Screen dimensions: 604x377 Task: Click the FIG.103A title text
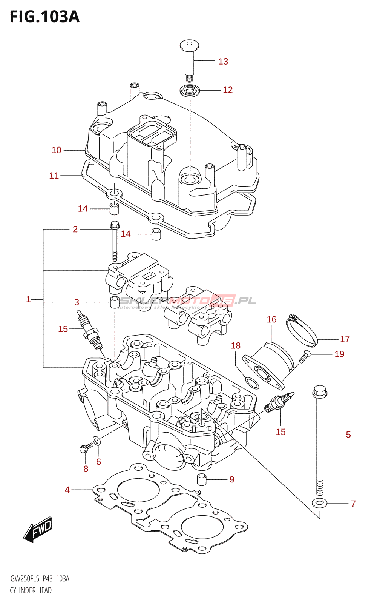point(44,17)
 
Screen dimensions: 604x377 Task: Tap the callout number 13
point(223,62)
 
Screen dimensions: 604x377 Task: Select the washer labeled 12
point(190,91)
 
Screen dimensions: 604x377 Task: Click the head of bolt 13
point(189,46)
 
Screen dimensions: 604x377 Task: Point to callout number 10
point(56,150)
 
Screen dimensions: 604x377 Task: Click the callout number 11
point(54,176)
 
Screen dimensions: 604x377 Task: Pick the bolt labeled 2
point(115,242)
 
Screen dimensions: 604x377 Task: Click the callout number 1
point(28,299)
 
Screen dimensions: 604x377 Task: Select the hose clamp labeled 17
point(302,331)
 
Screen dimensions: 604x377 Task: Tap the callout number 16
point(271,320)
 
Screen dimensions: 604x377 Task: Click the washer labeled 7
point(320,503)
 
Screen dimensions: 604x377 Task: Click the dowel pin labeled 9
point(202,479)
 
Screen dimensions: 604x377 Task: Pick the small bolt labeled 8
point(85,448)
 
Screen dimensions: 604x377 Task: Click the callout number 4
point(67,490)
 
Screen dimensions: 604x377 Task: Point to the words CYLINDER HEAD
point(31,590)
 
